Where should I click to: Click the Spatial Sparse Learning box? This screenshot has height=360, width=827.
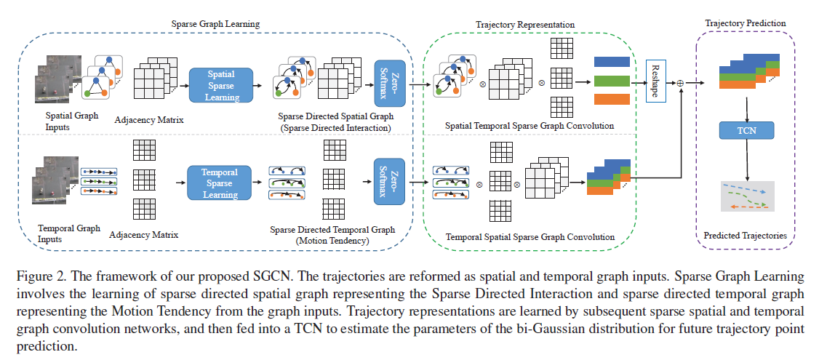coord(220,84)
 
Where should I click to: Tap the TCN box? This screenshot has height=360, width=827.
coord(746,130)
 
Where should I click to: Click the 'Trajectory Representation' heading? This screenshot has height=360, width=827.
coord(524,25)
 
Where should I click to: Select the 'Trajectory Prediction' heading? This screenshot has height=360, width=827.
coord(746,23)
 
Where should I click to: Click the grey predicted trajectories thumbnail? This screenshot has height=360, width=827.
coord(747,196)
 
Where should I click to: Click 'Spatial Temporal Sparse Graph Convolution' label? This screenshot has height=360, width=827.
coord(530,126)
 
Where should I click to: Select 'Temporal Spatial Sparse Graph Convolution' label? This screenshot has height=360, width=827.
coord(530,237)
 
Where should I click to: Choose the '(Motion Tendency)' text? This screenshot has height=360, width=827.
coord(332,240)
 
